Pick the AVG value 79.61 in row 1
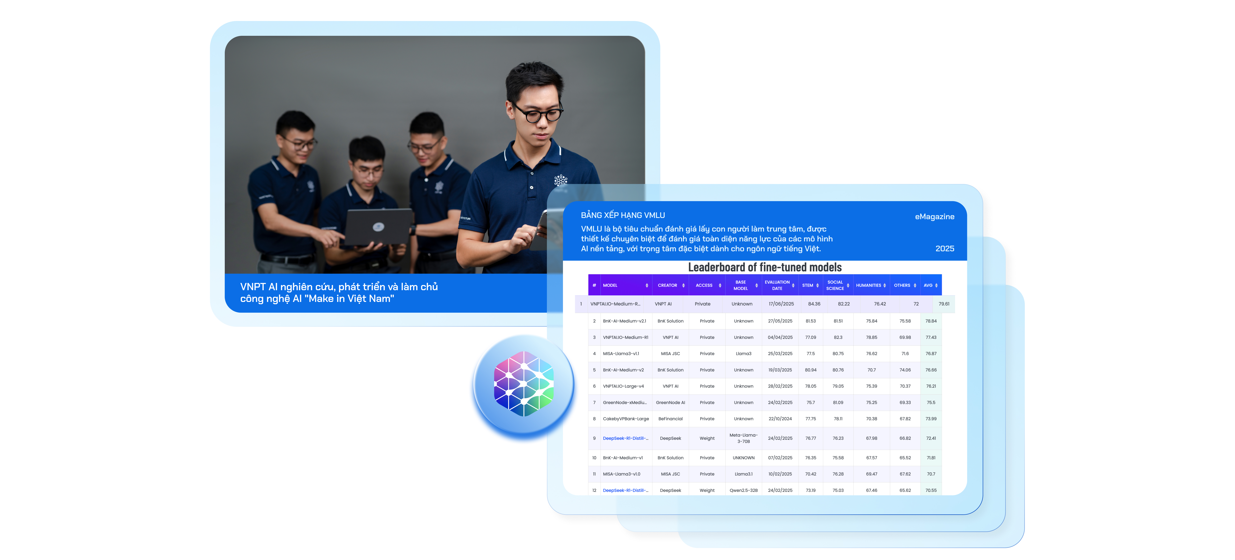(x=944, y=304)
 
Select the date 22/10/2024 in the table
(x=780, y=419)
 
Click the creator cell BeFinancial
(x=670, y=419)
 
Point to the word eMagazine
(x=934, y=217)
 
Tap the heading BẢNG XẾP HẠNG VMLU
(x=623, y=215)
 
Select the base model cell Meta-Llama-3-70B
(x=744, y=438)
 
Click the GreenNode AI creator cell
(x=670, y=403)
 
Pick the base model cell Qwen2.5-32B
(x=744, y=490)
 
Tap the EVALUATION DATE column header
(x=777, y=285)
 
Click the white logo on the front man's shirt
(x=560, y=180)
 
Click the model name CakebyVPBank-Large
(x=626, y=419)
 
